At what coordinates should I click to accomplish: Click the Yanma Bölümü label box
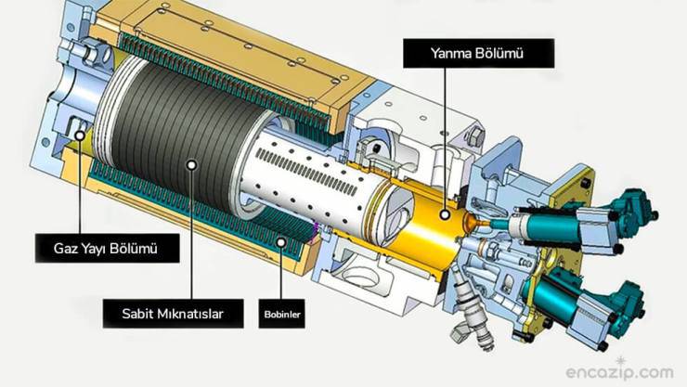click(x=478, y=54)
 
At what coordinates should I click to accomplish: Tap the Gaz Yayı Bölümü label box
click(x=108, y=248)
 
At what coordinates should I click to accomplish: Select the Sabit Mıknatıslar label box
click(x=173, y=314)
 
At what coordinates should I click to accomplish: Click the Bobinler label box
click(x=281, y=314)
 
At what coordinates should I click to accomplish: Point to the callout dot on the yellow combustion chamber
click(x=445, y=214)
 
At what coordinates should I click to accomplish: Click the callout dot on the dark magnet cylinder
click(x=191, y=165)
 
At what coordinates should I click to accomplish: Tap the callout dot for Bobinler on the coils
click(x=281, y=242)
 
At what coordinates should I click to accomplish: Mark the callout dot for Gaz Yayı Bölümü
click(x=80, y=135)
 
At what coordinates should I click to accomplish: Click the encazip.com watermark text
click(x=619, y=372)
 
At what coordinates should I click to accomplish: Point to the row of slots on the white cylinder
click(x=306, y=172)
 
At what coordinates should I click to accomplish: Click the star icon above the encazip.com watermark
click(x=621, y=362)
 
